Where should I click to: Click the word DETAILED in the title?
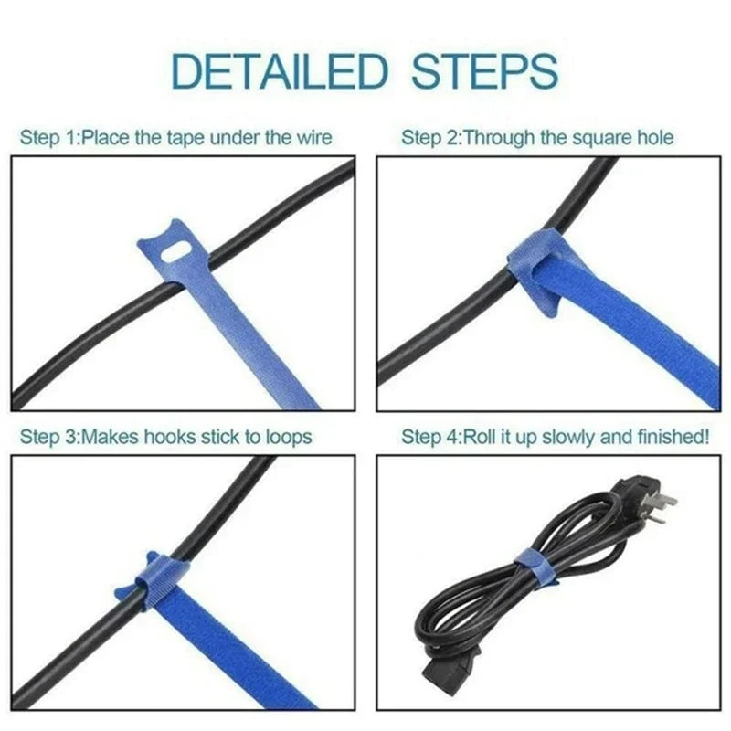click(x=280, y=70)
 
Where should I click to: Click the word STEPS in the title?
click(x=483, y=70)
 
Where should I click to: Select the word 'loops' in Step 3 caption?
click(x=288, y=436)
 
